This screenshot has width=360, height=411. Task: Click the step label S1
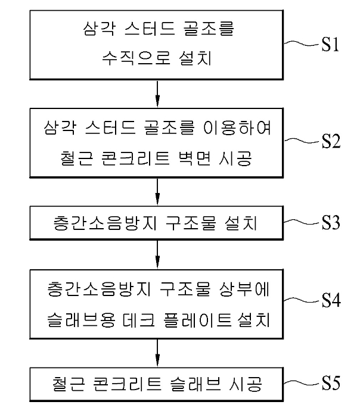pos(330,44)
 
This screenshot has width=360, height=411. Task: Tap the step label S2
pos(331,141)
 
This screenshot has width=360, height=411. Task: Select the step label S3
pos(331,223)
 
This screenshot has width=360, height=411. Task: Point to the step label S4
pos(331,300)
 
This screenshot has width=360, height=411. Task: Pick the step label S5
pos(331,383)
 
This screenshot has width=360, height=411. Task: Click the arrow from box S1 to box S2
pos(157,94)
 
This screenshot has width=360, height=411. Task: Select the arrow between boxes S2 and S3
pos(157,192)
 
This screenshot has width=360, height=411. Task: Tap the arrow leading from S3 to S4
pos(157,254)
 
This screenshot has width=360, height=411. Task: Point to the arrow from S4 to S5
pos(157,353)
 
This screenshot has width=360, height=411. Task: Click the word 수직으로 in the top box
pos(136,58)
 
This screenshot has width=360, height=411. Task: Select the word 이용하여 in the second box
pos(237,127)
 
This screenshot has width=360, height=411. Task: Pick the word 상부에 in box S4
pos(244,289)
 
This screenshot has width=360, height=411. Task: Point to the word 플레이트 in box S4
pos(197,320)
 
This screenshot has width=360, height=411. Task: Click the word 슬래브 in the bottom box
pos(196,384)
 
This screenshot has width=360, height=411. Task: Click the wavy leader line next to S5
pos(303,383)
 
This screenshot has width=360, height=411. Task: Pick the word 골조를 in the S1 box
pos(207,28)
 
